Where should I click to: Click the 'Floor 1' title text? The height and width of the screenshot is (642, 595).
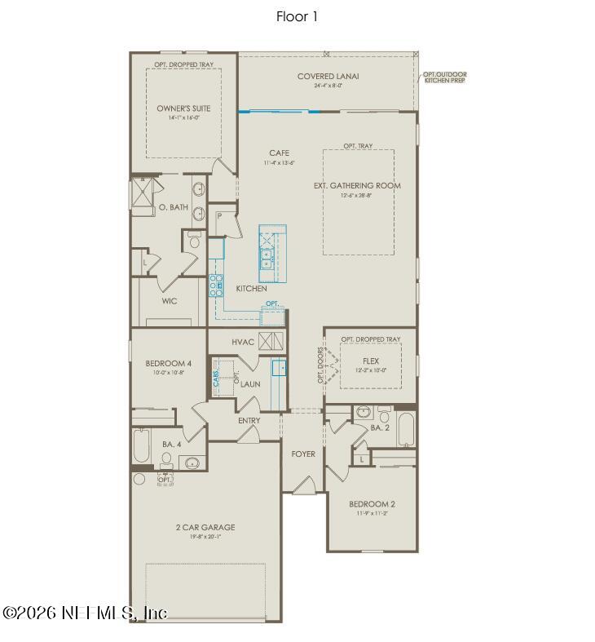pos(297,16)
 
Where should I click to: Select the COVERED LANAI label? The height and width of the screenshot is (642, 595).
pos(328,77)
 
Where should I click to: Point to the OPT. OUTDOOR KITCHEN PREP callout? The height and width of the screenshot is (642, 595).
pos(445,78)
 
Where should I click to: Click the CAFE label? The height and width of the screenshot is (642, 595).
pos(279,153)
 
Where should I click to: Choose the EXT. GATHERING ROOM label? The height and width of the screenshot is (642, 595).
pos(357,186)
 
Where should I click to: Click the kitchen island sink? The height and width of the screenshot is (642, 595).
pos(267,259)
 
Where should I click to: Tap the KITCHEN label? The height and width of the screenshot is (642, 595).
pos(251,289)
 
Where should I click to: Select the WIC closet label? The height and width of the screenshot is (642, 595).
pos(170,301)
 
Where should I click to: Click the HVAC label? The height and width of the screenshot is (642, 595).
pos(243,342)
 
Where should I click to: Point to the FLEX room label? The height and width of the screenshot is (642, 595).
pos(370,361)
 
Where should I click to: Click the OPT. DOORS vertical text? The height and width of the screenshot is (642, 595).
pos(320,364)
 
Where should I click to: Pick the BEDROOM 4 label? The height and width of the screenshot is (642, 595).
pos(169,363)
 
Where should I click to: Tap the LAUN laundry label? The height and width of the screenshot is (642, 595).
pos(250,383)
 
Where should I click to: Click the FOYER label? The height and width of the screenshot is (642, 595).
pos(303,454)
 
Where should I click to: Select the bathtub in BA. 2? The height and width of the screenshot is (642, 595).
pos(406,429)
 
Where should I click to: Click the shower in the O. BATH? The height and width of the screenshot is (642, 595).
pos(143,196)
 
